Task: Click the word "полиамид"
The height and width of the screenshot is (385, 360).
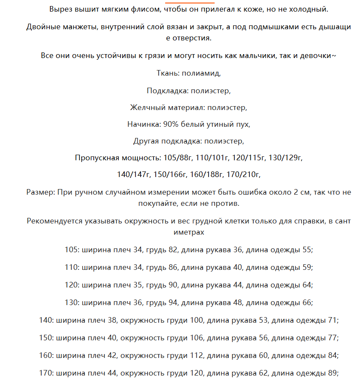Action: (x=201, y=73)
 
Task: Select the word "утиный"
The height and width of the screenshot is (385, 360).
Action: (x=219, y=124)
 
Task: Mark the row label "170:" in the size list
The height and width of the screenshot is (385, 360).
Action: (x=46, y=373)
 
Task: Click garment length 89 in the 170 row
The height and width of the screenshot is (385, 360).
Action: (x=332, y=373)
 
